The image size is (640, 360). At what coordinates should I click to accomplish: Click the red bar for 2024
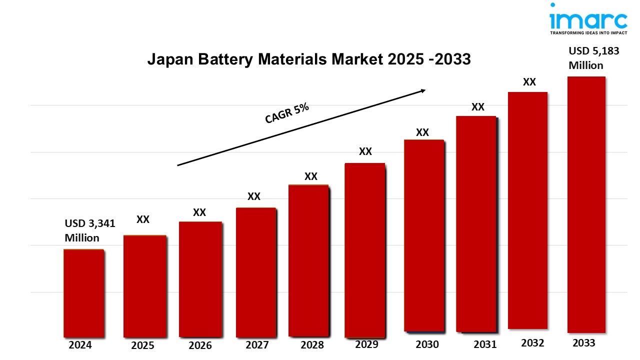pos(83,293)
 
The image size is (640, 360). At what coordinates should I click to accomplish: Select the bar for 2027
pos(255,272)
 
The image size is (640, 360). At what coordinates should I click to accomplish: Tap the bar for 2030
pos(423,235)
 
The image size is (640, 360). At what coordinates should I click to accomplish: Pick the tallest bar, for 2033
pos(586,205)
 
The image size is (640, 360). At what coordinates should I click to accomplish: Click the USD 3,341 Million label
pos(89,230)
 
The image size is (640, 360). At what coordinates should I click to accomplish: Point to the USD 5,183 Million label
pos(593,58)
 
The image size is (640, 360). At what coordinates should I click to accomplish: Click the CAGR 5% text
pos(287,114)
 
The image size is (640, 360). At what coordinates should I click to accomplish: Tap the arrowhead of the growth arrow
pos(422,90)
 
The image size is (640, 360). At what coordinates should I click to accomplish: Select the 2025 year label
pos(142,345)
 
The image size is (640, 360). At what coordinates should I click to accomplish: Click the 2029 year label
pos(367,344)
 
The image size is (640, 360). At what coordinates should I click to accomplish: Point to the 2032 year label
pos(532,343)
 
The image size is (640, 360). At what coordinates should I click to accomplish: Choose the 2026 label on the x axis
pos(200,345)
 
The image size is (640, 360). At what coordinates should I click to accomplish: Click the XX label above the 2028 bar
pos(310,176)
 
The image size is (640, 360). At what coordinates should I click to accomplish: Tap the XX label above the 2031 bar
pos(477,107)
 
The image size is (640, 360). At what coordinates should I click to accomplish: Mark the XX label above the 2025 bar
pos(143,219)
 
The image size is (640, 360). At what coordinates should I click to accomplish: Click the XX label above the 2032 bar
pos(529,82)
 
